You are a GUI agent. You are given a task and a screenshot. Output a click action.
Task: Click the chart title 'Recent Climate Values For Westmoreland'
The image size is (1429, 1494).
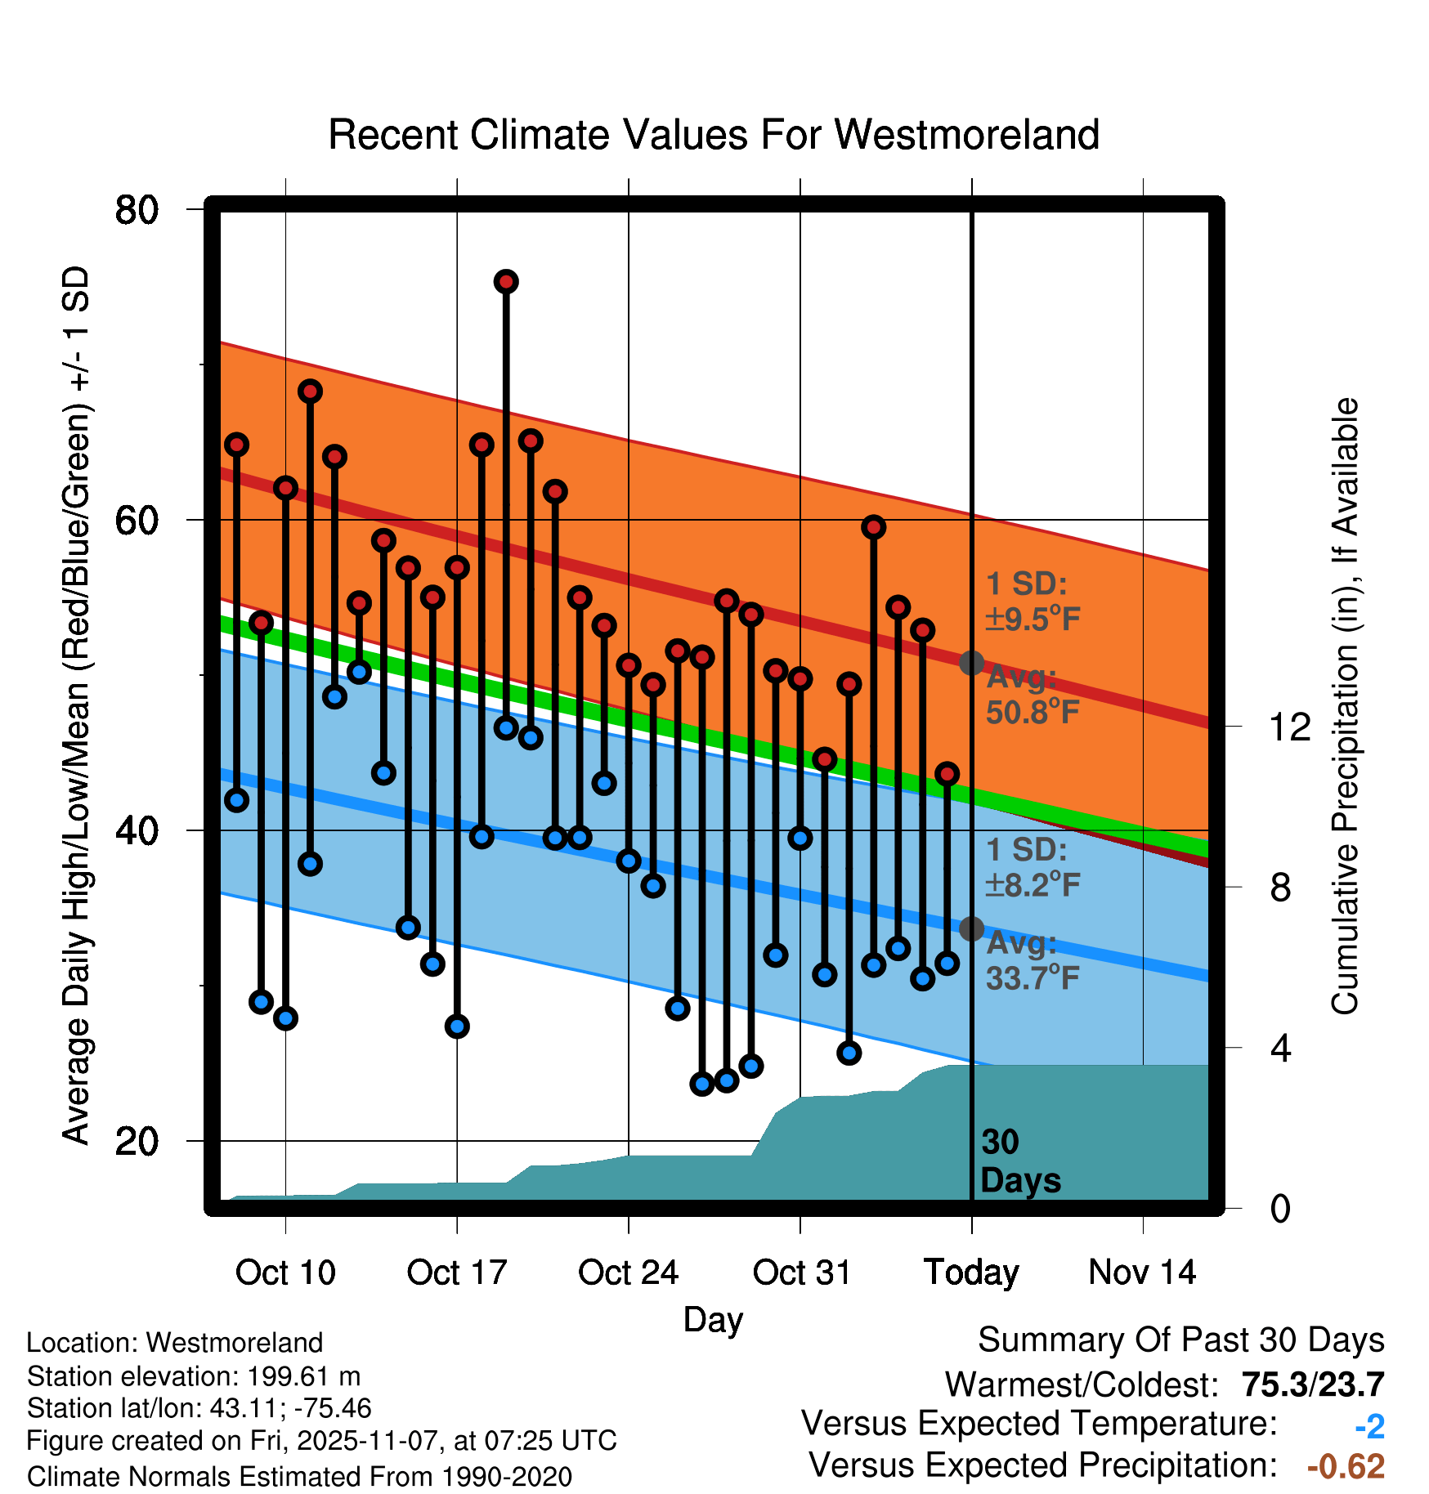click(713, 135)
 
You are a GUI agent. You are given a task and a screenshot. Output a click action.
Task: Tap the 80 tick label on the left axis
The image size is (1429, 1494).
click(137, 210)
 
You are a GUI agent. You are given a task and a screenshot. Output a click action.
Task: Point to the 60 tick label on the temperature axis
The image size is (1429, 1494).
click(137, 520)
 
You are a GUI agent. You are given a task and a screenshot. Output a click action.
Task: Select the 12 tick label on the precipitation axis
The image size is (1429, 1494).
click(1289, 727)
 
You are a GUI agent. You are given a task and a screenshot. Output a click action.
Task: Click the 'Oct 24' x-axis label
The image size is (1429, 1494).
click(628, 1273)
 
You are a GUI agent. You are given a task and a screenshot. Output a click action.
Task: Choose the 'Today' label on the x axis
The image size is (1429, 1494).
click(971, 1273)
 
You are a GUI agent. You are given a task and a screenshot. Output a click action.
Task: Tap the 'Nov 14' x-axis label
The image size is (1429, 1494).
click(1142, 1273)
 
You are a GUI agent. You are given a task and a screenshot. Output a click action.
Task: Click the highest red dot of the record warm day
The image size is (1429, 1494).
click(506, 282)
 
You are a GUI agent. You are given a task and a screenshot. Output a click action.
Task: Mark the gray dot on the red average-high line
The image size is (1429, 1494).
click(971, 663)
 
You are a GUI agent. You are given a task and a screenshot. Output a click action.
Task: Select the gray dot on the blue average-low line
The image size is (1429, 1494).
click(971, 928)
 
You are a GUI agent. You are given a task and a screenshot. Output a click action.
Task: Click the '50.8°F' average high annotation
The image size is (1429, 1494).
click(1033, 713)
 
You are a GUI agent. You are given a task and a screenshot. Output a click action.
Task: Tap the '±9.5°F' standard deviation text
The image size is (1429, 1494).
click(1033, 620)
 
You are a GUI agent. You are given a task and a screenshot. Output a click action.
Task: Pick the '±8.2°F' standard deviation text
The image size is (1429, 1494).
click(1033, 884)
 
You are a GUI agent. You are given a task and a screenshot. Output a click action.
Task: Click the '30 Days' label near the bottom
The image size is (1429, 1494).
click(1019, 1161)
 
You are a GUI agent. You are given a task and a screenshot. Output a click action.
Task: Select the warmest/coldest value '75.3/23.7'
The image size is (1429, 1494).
click(1312, 1385)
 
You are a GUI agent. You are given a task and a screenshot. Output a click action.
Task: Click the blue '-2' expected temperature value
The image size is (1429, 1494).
click(1369, 1427)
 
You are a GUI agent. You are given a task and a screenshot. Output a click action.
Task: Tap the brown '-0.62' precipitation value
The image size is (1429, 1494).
click(1346, 1467)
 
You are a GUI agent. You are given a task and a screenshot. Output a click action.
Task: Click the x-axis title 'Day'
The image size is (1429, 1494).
click(713, 1319)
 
